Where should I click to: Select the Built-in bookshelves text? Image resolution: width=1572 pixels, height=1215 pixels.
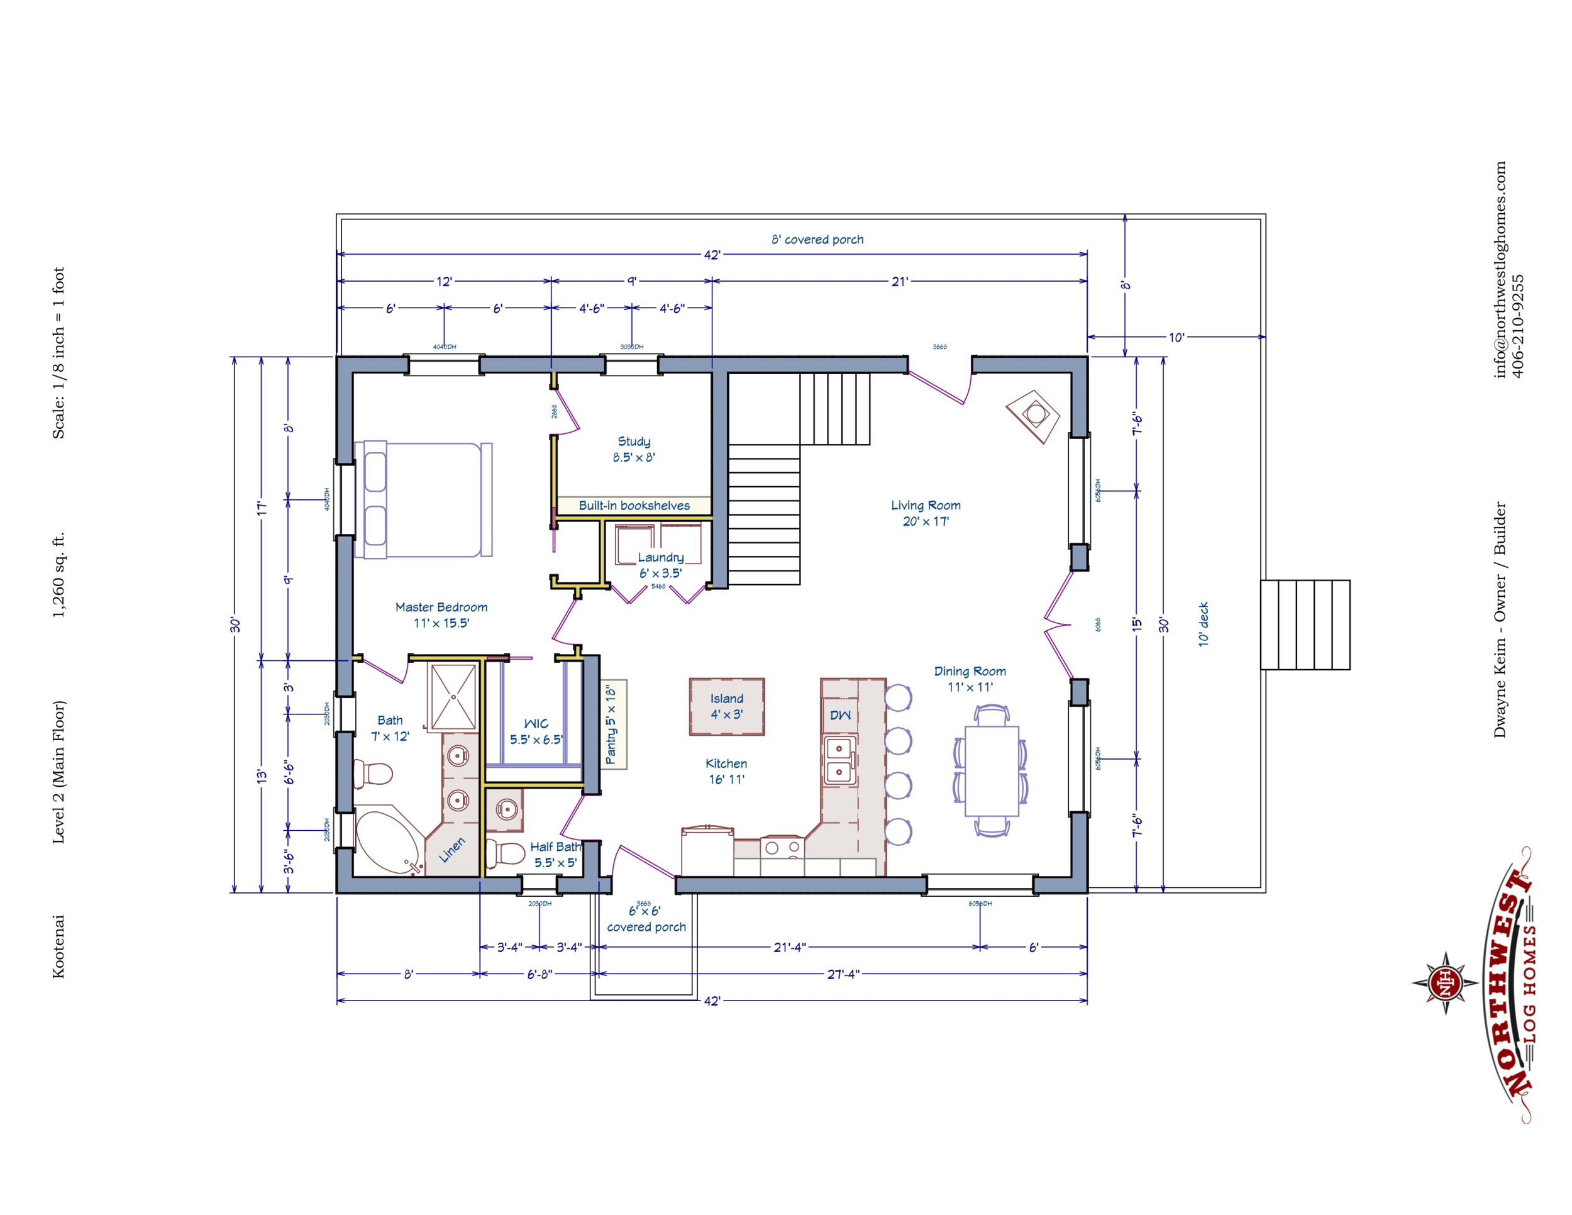[633, 505]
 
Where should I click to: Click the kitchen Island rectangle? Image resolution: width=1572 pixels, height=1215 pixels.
[726, 706]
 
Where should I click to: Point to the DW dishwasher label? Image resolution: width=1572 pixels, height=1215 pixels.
[840, 715]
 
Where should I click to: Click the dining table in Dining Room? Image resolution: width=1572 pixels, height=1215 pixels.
[991, 771]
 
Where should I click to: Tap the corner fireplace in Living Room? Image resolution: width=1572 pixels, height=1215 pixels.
[1034, 415]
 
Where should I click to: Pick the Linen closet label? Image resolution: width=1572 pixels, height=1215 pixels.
[452, 850]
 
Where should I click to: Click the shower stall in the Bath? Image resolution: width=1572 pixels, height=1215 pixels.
[453, 697]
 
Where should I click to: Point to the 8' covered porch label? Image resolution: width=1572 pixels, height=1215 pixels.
[817, 240]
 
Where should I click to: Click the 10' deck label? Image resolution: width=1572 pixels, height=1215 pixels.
[1203, 624]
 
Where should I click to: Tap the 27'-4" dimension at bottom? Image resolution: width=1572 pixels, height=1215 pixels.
[842, 974]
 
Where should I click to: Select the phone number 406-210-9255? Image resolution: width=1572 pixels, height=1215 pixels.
[1517, 325]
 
